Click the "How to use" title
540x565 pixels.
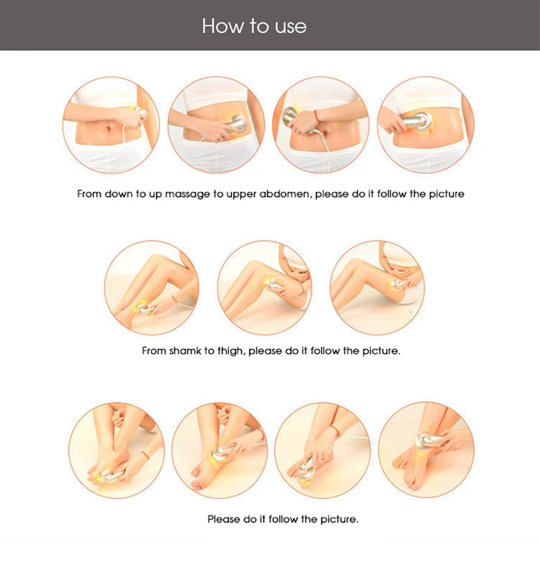pos(254,26)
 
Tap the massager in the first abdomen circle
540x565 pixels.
pos(140,114)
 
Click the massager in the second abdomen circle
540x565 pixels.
pos(236,124)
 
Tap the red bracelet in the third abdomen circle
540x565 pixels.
pos(317,116)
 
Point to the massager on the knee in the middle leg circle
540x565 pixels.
pos(271,285)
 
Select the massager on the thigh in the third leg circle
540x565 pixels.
pos(398,284)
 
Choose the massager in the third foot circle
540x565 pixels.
pos(307,466)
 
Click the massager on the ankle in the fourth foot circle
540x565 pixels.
pos(428,440)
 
